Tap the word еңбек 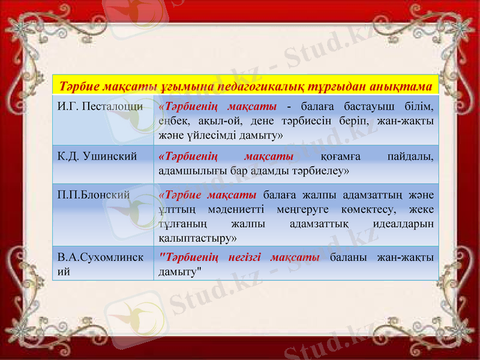[x=173, y=120]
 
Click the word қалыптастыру [x=197, y=238]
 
